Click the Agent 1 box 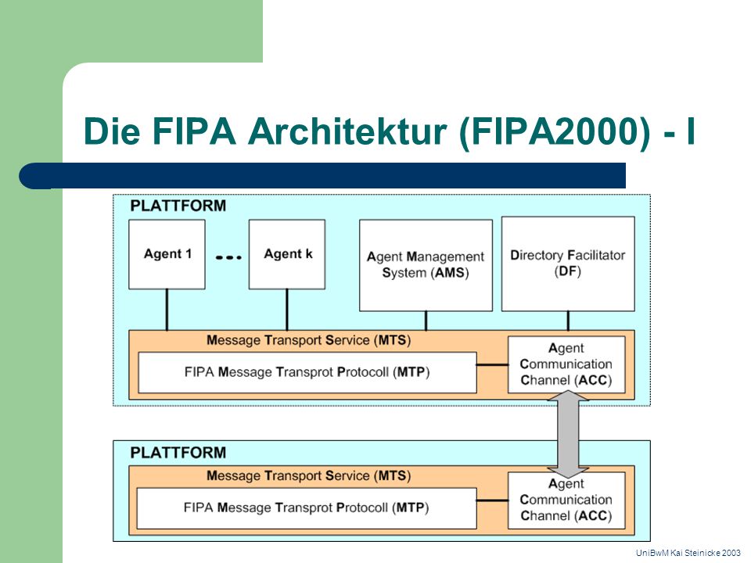pyautogui.click(x=167, y=254)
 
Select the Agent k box pyautogui.click(x=287, y=254)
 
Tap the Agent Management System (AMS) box pyautogui.click(x=426, y=265)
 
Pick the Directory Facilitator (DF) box pyautogui.click(x=568, y=264)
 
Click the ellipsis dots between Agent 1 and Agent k pyautogui.click(x=228, y=257)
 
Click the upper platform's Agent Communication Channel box pyautogui.click(x=566, y=364)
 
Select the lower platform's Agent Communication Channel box pyautogui.click(x=566, y=500)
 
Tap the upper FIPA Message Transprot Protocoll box pyautogui.click(x=307, y=372)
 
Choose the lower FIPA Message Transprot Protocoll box pyautogui.click(x=307, y=508)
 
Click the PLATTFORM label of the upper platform pyautogui.click(x=178, y=206)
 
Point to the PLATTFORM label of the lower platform pyautogui.click(x=178, y=453)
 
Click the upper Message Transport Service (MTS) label pyautogui.click(x=309, y=340)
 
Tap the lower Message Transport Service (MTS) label pyautogui.click(x=309, y=476)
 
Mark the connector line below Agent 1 pyautogui.click(x=167, y=310)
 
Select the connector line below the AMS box pyautogui.click(x=426, y=321)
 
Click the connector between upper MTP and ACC pyautogui.click(x=492, y=365)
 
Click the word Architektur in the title pyautogui.click(x=347, y=131)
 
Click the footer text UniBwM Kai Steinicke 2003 pyautogui.click(x=688, y=553)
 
